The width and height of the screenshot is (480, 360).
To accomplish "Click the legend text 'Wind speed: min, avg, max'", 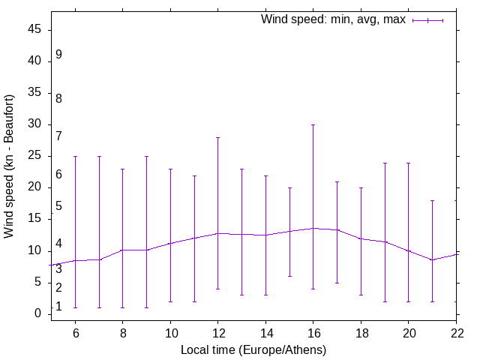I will [333, 19].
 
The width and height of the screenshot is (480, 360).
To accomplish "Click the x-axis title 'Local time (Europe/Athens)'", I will [253, 349].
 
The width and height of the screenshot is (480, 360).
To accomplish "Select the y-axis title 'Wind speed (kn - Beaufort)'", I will [10, 166].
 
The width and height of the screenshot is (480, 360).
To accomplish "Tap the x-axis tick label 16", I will [313, 332].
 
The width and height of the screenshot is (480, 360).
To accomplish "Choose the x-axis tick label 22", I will [457, 332].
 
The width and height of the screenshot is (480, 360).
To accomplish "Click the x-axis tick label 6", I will [75, 332].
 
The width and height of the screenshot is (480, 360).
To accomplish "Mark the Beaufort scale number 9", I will [58, 55].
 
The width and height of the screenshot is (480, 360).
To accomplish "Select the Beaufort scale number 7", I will [58, 136].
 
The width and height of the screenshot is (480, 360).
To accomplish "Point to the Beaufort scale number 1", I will [58, 307].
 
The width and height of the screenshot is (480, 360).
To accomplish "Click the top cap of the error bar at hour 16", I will [313, 125].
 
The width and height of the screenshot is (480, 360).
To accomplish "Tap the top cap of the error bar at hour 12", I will [217, 137].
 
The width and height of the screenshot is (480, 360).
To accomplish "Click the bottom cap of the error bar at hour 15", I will [289, 276].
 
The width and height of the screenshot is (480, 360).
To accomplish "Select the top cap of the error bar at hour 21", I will [433, 200].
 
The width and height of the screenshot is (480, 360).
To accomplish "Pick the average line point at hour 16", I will [313, 228].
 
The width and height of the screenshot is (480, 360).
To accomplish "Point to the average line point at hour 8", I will [122, 250].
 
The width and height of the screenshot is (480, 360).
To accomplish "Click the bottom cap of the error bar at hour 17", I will [337, 283].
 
